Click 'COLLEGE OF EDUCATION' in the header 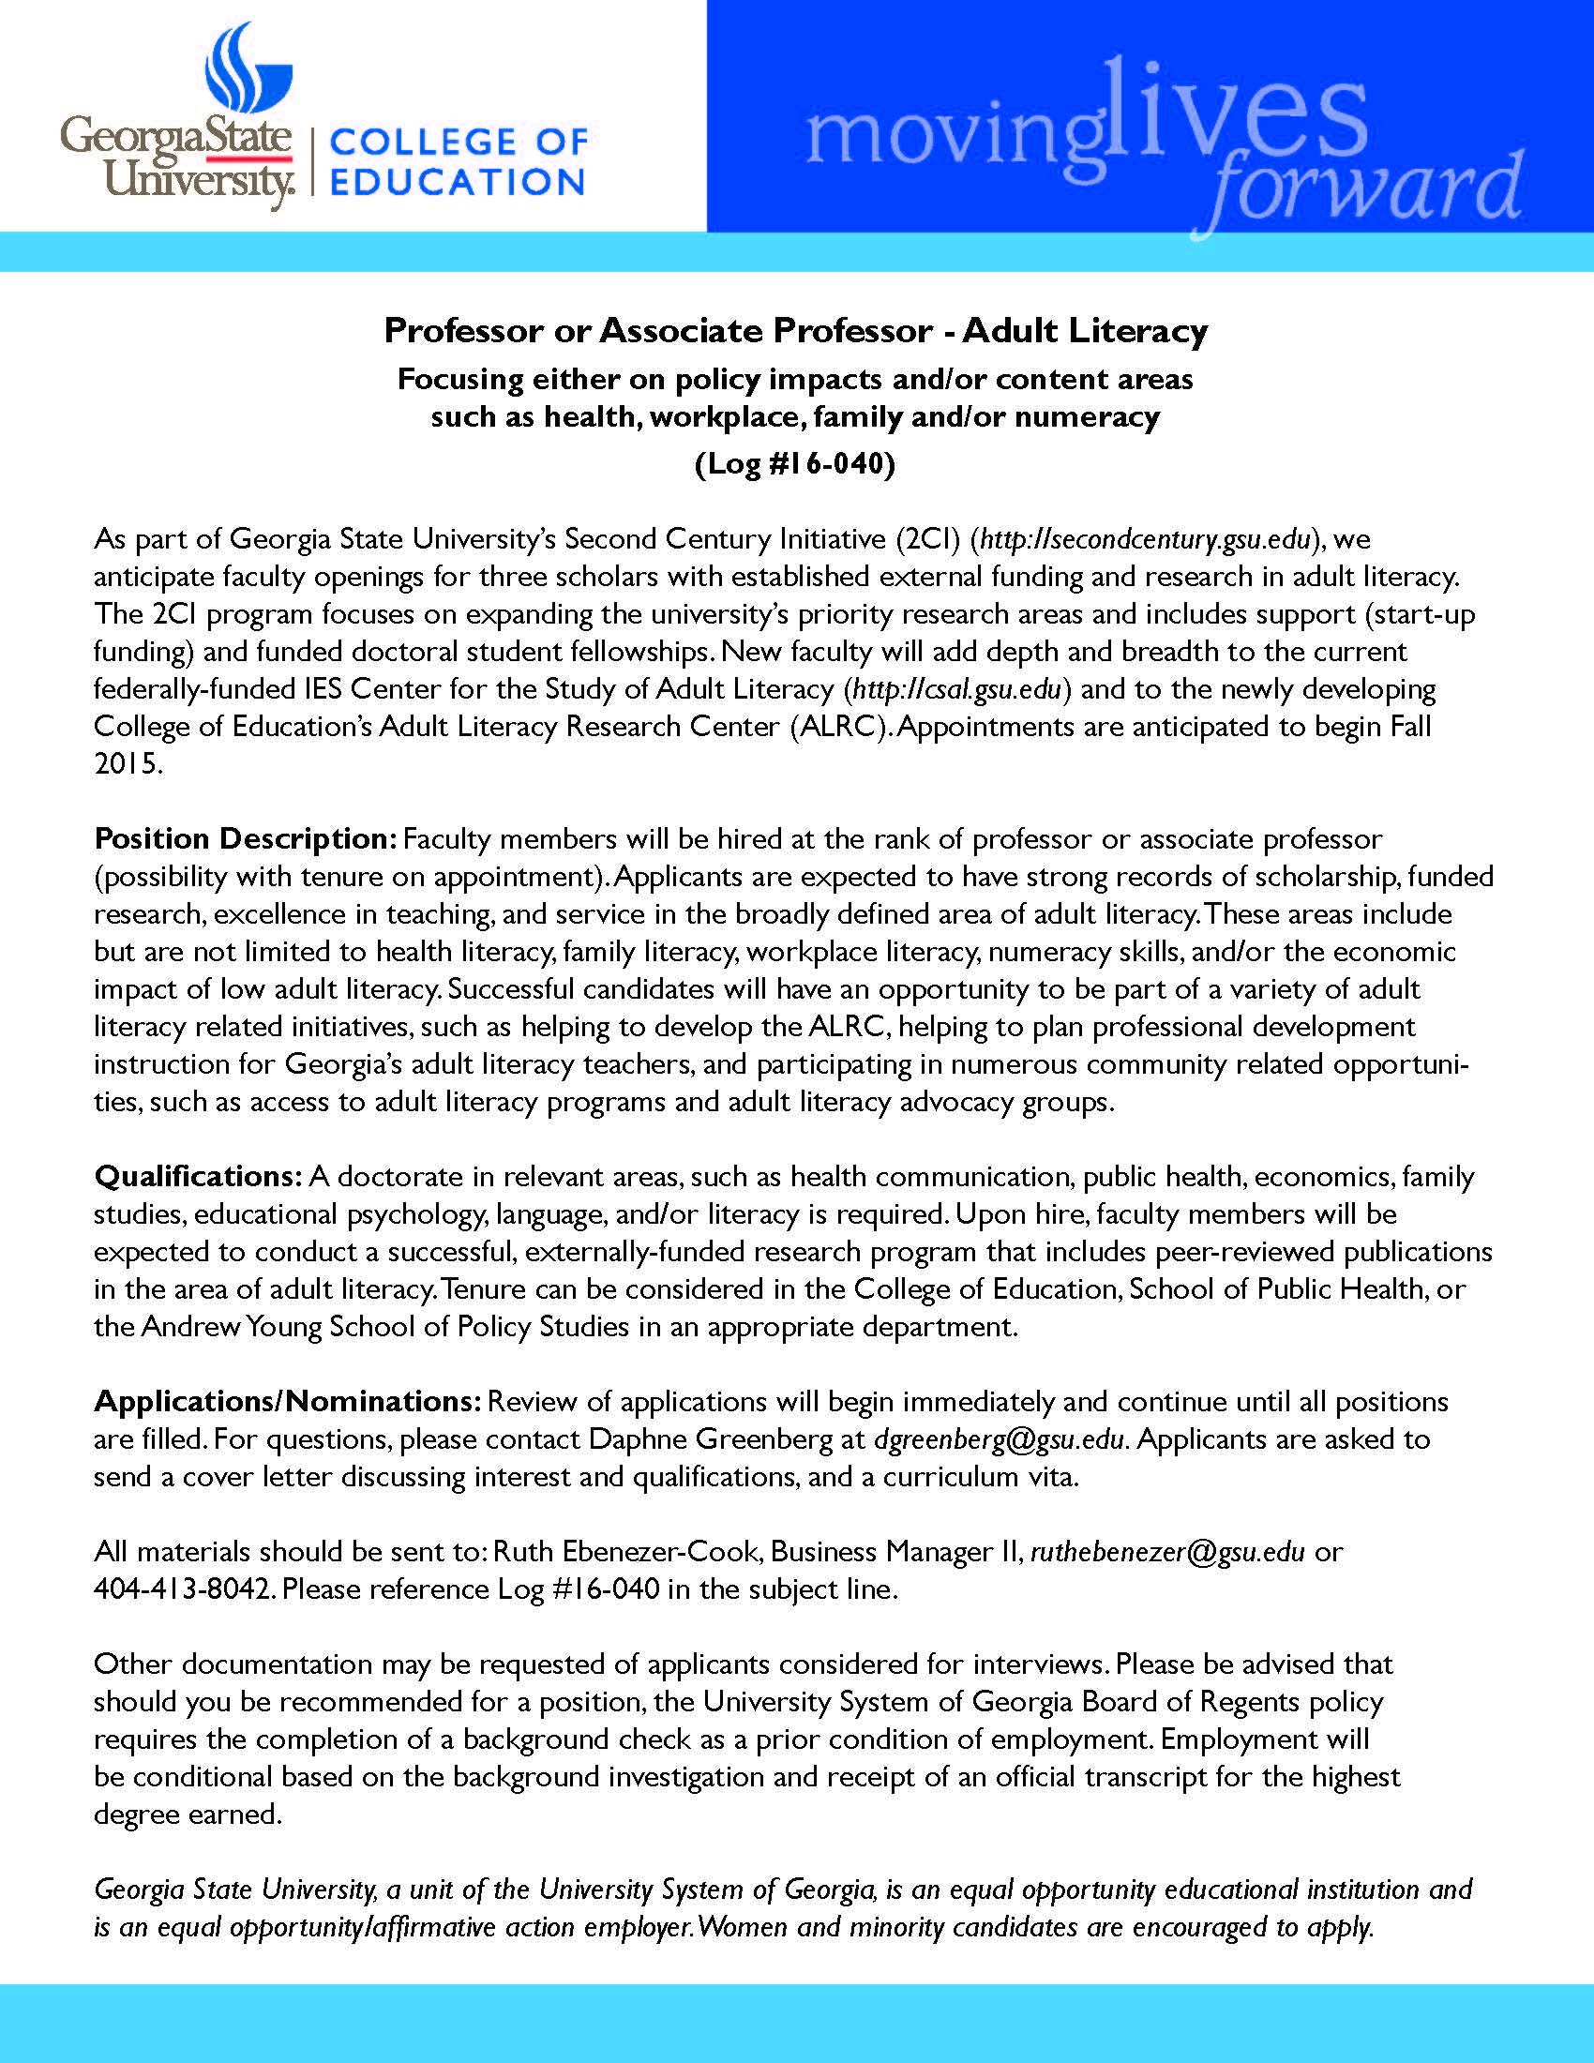click(x=458, y=161)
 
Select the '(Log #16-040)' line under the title click(x=795, y=464)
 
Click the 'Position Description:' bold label click(x=245, y=839)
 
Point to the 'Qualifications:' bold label click(x=197, y=1176)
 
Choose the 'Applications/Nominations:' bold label click(x=288, y=1401)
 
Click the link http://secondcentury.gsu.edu click(x=1146, y=539)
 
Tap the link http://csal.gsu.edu click(x=956, y=688)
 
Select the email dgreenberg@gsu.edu click(x=1000, y=1438)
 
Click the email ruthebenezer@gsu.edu click(x=1167, y=1551)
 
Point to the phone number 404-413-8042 click(x=184, y=1589)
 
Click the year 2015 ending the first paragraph click(x=127, y=763)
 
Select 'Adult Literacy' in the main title click(x=1085, y=331)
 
